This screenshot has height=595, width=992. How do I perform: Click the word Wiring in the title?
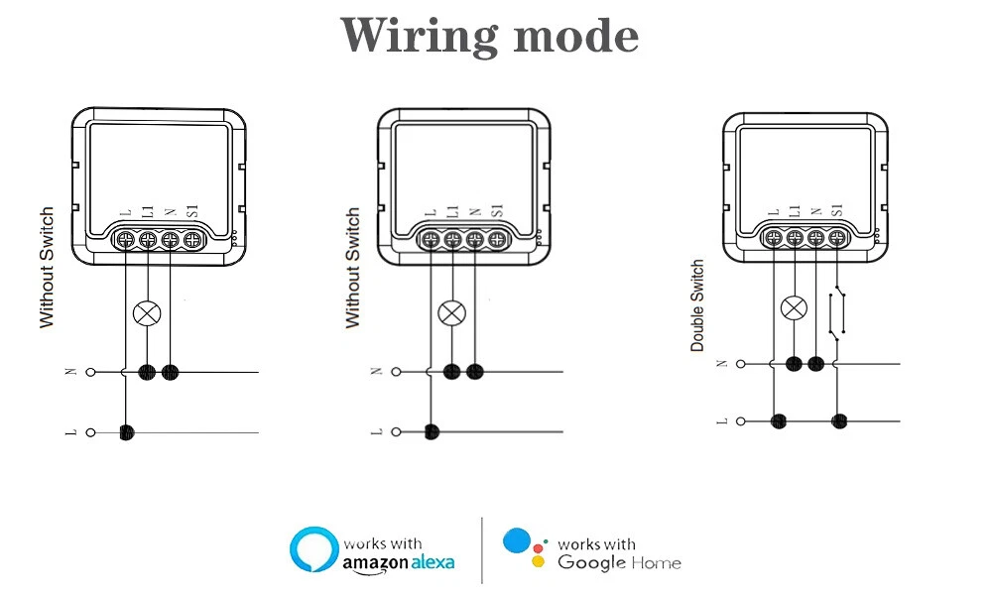(418, 36)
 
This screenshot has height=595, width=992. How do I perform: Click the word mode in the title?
(576, 36)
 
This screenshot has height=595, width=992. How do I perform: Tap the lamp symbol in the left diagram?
(148, 314)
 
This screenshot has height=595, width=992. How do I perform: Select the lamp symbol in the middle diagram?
(452, 313)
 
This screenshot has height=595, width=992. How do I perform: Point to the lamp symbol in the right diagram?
(794, 307)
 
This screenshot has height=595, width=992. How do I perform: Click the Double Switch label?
(697, 306)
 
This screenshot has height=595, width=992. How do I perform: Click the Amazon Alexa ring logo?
(311, 550)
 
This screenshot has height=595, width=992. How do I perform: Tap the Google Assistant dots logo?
(524, 547)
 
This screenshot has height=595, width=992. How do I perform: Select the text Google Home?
(619, 563)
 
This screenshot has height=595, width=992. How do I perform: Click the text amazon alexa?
(398, 562)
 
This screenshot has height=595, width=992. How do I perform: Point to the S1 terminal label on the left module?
(192, 211)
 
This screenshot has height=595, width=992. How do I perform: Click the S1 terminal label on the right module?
(836, 210)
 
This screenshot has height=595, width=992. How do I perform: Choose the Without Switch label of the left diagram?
(47, 268)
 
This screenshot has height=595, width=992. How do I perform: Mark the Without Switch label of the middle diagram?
(352, 268)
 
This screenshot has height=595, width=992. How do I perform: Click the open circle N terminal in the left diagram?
(91, 372)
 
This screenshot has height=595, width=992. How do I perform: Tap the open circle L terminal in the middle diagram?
(397, 431)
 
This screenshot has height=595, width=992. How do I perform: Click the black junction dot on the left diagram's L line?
(126, 432)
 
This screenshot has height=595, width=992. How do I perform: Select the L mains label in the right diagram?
(722, 421)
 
